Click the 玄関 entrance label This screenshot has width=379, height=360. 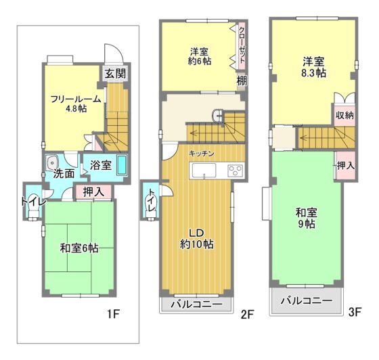[116, 74]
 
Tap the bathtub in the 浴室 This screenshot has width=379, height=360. [122, 165]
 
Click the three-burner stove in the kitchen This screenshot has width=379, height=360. [235, 170]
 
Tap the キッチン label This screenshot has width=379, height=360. [202, 154]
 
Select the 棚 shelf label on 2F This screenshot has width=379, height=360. [242, 81]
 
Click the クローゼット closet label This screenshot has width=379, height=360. [242, 45]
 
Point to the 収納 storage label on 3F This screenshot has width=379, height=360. [344, 115]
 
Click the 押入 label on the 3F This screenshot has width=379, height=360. [346, 166]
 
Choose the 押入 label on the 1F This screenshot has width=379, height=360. [93, 192]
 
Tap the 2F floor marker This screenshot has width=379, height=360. [246, 315]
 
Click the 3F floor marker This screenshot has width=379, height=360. [355, 313]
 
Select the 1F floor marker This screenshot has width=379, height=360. [113, 314]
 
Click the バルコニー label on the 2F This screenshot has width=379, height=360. [196, 304]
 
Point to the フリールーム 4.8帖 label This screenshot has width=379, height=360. [76, 104]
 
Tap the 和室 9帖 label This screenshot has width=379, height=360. [306, 218]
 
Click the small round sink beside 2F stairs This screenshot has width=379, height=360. [219, 116]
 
